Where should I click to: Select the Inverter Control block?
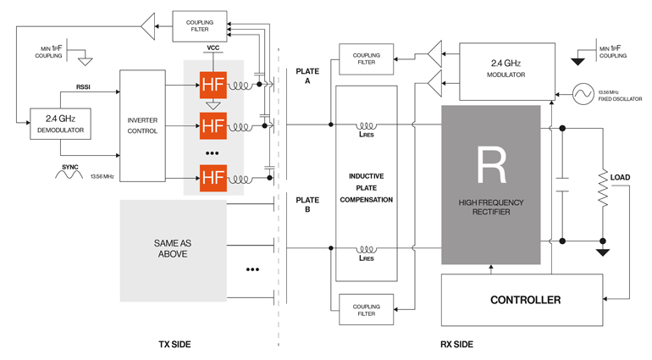142,125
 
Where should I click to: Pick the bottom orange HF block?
213,178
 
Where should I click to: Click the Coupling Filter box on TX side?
199,26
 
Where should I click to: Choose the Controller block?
525,300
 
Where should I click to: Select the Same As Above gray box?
173,249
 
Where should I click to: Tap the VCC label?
213,47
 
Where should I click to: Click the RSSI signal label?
83,86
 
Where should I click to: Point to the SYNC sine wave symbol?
68,176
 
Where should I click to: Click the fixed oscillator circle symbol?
584,93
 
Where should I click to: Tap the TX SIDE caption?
174,345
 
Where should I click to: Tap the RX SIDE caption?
457,345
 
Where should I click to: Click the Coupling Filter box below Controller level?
366,309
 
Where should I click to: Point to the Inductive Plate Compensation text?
366,188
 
